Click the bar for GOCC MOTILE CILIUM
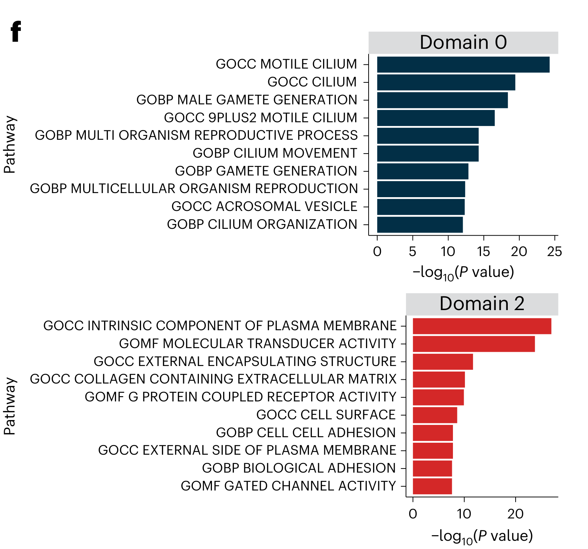(463, 64)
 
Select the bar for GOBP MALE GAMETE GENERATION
(442, 100)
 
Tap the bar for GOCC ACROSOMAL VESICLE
(420, 207)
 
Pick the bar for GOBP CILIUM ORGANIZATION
(420, 225)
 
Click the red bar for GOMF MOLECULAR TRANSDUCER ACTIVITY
(473, 344)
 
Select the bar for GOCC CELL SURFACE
(435, 415)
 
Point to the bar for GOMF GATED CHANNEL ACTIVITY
(432, 486)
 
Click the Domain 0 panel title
(463, 42)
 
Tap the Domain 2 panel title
(482, 304)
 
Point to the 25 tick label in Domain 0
(554, 252)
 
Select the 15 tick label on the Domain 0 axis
(484, 252)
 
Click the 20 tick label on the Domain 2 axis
(515, 514)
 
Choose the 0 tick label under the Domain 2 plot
(413, 514)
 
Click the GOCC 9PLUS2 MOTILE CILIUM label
(260, 118)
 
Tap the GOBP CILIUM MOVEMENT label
(275, 153)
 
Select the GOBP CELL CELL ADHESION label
(306, 433)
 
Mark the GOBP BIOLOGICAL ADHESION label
(298, 468)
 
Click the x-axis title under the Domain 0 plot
(463, 272)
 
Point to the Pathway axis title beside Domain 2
(10, 406)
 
